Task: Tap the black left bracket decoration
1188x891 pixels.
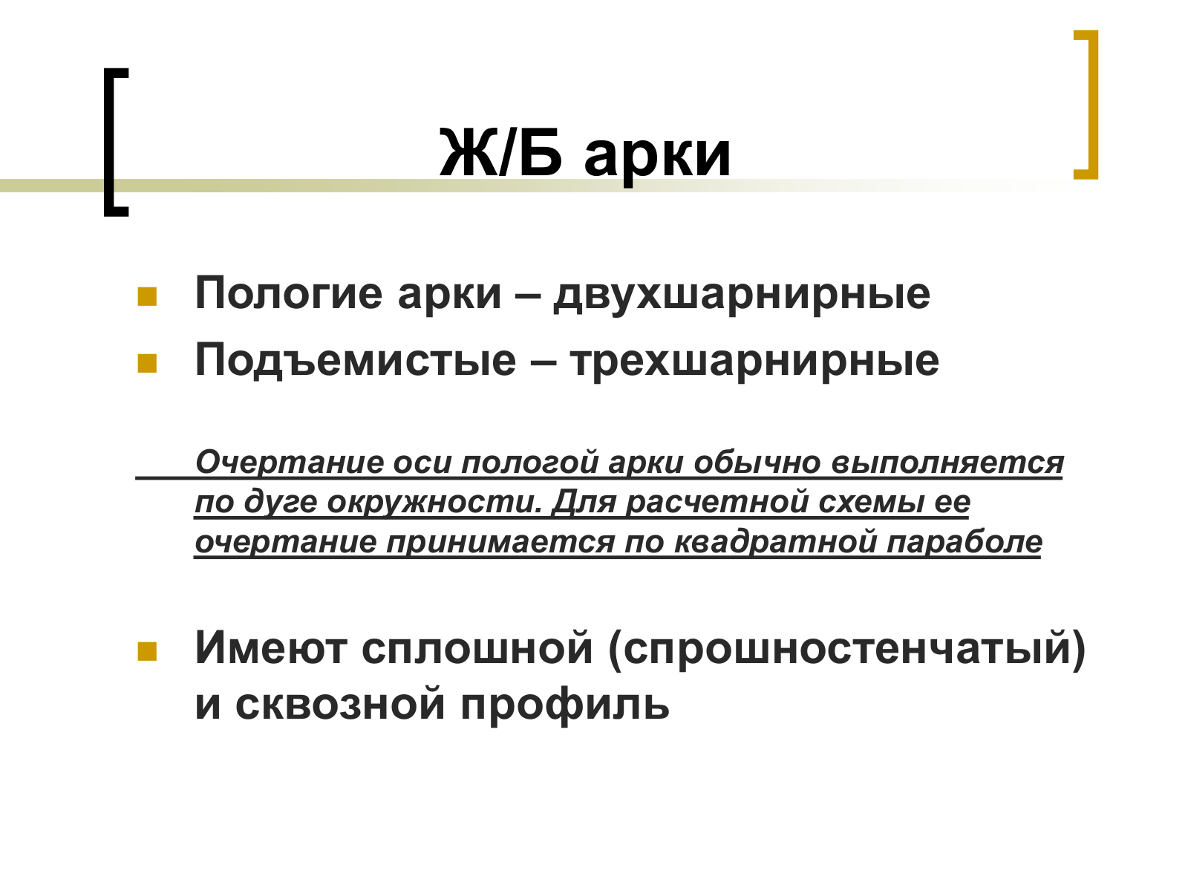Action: [x=116, y=143]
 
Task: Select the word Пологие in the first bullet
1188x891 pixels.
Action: [x=289, y=293]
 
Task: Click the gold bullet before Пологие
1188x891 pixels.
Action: [x=147, y=297]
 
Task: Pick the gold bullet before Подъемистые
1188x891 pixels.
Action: [x=147, y=364]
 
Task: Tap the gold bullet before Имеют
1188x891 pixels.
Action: [x=147, y=652]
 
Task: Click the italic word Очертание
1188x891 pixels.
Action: [x=290, y=463]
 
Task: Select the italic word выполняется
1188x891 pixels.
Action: [x=947, y=464]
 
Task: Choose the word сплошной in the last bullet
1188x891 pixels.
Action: [x=477, y=648]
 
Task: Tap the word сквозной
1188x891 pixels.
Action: [x=340, y=705]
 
